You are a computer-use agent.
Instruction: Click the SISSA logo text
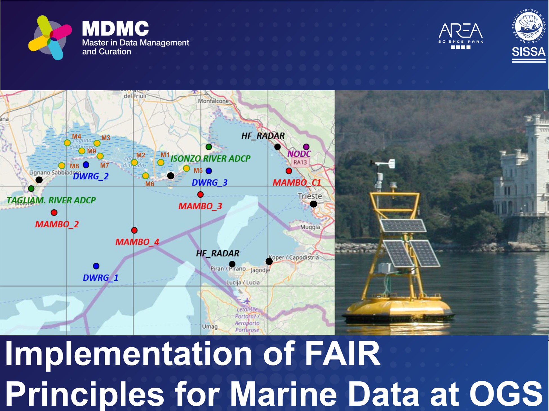point(528,52)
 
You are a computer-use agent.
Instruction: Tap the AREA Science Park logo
point(461,35)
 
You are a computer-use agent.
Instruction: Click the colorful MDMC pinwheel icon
point(50,38)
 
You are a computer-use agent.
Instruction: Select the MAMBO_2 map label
point(57,224)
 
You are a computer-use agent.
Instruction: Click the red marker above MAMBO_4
point(134,230)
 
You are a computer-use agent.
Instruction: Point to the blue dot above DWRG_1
point(96,266)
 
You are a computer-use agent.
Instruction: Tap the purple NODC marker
point(306,147)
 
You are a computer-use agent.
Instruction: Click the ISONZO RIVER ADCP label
point(210,159)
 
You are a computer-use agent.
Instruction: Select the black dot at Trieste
point(314,204)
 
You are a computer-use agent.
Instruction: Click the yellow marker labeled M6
point(145,176)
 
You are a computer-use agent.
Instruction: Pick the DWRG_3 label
point(209,183)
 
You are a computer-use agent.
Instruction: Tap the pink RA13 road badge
point(300,162)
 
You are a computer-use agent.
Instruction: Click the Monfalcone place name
point(213,101)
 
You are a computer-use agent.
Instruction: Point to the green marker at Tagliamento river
point(31,188)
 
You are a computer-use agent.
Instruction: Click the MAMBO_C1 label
point(297,183)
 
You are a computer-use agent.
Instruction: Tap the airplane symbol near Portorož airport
point(247,301)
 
